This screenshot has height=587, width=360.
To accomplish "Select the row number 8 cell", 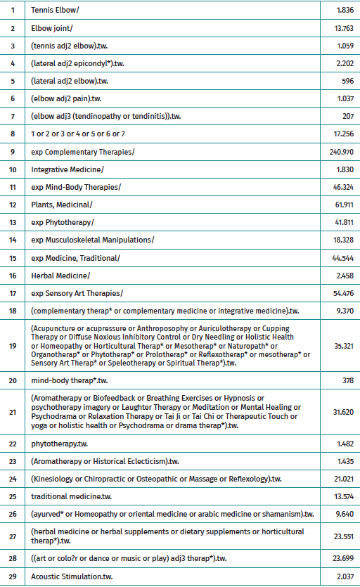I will pyautogui.click(x=13, y=133).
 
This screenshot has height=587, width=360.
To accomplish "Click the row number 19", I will pyautogui.click(x=13, y=345).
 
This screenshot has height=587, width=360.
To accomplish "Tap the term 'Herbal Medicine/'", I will pyautogui.click(x=60, y=275).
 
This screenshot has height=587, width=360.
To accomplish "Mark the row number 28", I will pyautogui.click(x=13, y=559).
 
